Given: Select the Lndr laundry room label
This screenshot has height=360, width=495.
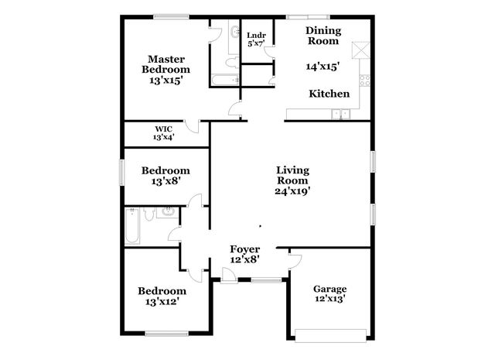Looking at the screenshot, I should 255,36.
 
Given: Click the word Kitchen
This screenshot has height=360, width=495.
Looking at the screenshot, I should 329,94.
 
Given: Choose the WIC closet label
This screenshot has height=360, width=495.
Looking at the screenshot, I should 162,129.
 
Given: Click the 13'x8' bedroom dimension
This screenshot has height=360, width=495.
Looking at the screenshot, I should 165,182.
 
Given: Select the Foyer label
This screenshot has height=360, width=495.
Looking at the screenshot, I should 245,249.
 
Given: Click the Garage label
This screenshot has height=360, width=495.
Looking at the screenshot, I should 329,289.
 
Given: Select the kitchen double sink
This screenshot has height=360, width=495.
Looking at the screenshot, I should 340,115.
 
